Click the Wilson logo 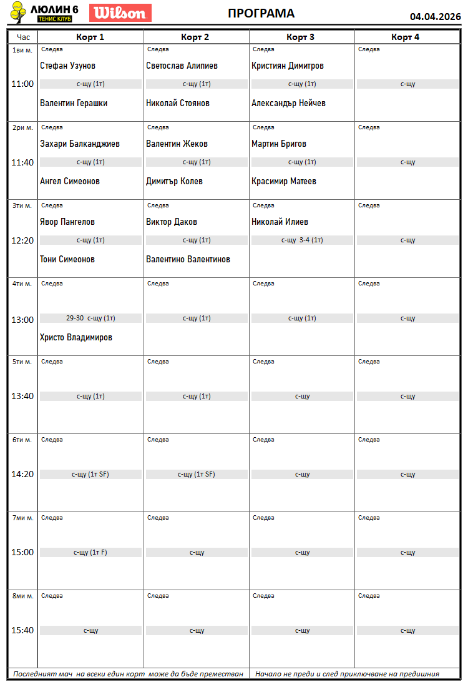point(120,13)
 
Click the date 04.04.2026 point(435,17)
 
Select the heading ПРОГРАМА point(261,14)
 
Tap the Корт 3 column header point(301,37)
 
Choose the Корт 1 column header point(90,37)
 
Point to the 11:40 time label point(22,162)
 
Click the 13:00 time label point(22,320)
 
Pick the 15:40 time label point(22,630)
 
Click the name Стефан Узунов point(67,66)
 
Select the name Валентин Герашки point(74,103)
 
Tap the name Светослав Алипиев point(182,66)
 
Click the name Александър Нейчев point(288,103)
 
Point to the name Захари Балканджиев point(79,144)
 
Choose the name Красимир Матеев point(284,181)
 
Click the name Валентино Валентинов point(188,259)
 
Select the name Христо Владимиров point(76,337)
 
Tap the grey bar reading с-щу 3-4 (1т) point(302,240)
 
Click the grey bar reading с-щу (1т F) point(90,552)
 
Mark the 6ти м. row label point(22,440)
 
